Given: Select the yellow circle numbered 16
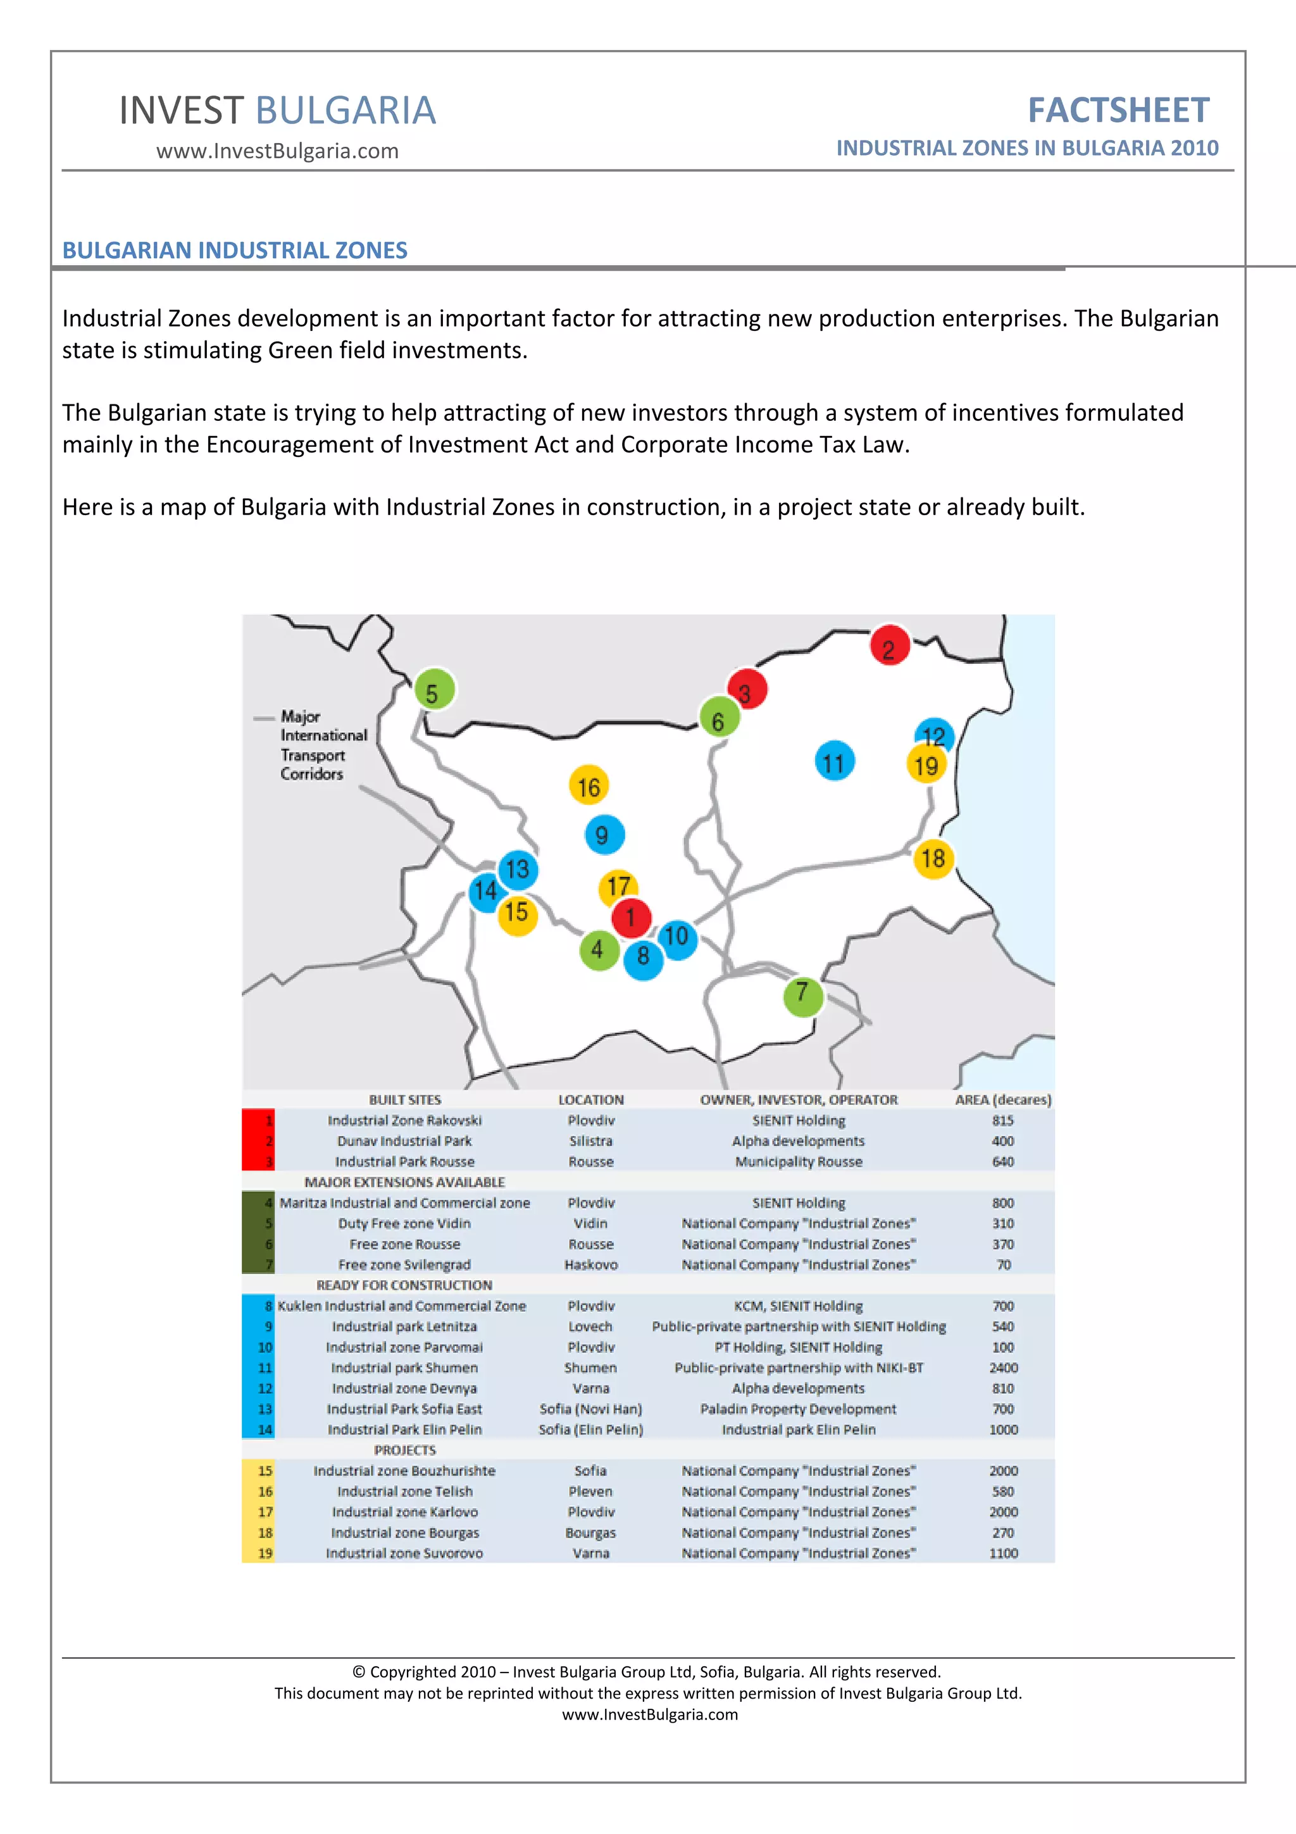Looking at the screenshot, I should coord(589,786).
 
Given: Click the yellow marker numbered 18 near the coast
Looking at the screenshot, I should coord(933,859).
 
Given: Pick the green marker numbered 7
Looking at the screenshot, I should coord(802,994).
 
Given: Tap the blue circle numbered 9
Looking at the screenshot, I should coord(604,834).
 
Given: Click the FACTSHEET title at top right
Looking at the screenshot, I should coord(1118,110).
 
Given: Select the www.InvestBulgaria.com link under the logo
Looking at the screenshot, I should coord(277,151).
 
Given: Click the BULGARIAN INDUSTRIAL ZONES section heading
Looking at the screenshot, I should coord(235,250).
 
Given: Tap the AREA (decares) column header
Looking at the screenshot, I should coord(1003,1100).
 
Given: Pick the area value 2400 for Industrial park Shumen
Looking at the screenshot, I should coord(1003,1368).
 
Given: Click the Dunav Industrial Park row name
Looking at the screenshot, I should coord(404,1140).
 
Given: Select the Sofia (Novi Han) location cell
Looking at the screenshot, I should coord(590,1409).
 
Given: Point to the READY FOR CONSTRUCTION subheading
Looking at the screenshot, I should coord(404,1285).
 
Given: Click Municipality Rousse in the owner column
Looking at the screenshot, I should coord(799,1161).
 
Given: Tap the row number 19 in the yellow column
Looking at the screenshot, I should coord(265,1553).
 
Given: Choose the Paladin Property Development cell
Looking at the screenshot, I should coord(799,1409).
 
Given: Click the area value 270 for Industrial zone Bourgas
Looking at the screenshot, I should coord(1003,1533).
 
